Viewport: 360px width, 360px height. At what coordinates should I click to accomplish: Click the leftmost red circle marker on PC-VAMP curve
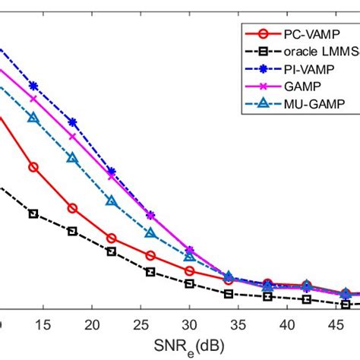[x=33, y=167]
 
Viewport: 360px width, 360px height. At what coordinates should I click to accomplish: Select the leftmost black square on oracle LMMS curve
[x=33, y=214]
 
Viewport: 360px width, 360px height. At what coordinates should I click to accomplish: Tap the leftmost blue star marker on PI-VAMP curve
[x=33, y=87]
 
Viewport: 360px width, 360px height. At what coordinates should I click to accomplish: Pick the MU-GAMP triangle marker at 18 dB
[x=72, y=158]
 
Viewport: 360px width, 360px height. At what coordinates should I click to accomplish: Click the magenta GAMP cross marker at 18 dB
[x=72, y=137]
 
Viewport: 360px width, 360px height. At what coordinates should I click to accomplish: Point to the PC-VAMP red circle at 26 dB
[x=150, y=256]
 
